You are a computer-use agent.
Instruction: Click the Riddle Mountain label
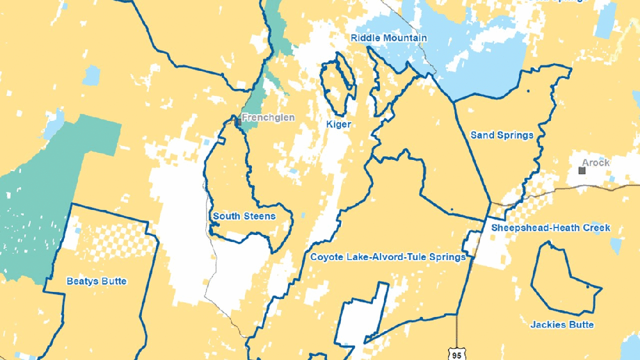(389, 38)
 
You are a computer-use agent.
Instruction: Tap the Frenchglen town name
(268, 117)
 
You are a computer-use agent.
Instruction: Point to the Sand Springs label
(502, 136)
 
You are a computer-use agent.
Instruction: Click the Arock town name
(596, 162)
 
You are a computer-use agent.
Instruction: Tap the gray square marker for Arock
(581, 170)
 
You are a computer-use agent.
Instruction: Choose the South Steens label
(244, 216)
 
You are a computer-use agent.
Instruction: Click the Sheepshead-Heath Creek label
(550, 228)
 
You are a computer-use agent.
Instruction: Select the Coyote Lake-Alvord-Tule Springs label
(388, 257)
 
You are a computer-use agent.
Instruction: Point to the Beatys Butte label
(97, 281)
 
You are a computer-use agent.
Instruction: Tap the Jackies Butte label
(562, 325)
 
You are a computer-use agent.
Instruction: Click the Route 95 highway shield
(455, 352)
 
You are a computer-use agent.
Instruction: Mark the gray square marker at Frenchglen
(238, 122)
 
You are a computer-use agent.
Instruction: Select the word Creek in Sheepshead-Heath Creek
(596, 228)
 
